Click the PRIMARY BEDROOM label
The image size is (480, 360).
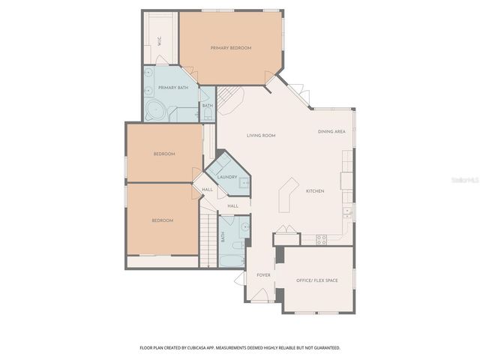click(x=230, y=48)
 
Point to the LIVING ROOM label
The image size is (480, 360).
click(x=262, y=136)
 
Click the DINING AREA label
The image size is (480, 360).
click(x=331, y=131)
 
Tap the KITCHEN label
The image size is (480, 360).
click(x=314, y=191)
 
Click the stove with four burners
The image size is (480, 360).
click(x=321, y=240)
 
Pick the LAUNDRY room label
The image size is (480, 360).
click(x=227, y=177)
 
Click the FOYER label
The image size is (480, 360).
click(x=263, y=275)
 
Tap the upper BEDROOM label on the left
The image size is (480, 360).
click(x=163, y=154)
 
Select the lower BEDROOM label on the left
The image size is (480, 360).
click(x=163, y=220)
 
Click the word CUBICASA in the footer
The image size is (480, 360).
click(x=203, y=348)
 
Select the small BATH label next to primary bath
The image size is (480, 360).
click(x=207, y=106)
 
